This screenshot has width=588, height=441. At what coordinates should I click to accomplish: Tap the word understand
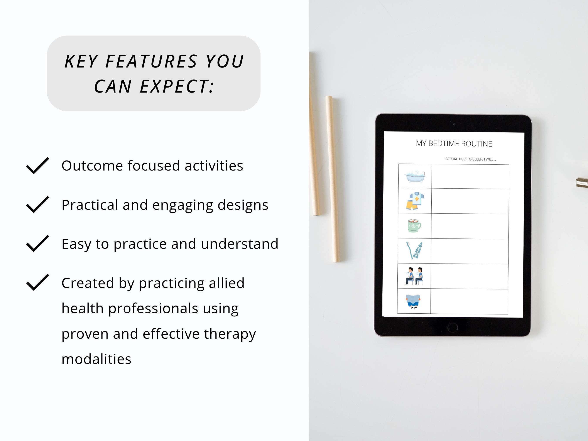click(240, 244)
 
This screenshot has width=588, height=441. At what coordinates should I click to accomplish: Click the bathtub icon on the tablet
click(415, 176)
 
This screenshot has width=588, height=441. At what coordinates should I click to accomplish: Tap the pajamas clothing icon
click(415, 201)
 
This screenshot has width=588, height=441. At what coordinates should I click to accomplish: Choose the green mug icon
click(414, 226)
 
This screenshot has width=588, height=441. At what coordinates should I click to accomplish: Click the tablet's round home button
click(452, 327)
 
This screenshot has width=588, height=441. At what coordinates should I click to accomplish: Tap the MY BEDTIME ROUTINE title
click(454, 144)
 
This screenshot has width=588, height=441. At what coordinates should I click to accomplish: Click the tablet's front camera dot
click(454, 124)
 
